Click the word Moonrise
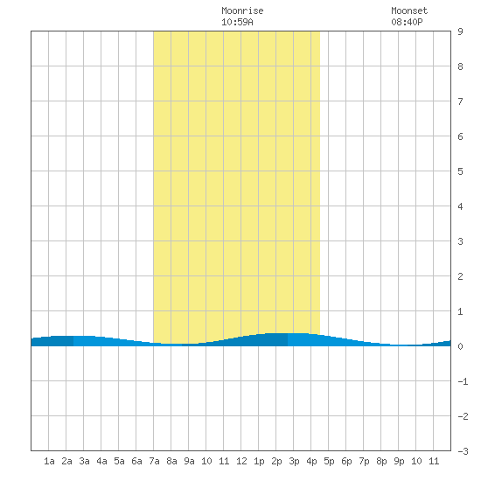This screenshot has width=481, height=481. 242,10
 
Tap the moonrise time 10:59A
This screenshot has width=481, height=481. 237,22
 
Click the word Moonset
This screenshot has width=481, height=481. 409,10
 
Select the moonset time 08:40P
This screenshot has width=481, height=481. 407,22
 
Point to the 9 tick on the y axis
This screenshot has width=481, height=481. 460,31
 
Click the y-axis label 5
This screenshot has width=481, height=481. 460,171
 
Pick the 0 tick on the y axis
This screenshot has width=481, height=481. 460,346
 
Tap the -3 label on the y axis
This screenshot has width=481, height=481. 463,451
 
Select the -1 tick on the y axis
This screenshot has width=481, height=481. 463,381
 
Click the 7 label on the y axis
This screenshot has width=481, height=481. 460,101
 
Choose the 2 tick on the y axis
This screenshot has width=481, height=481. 460,276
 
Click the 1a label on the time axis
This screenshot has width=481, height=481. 49,461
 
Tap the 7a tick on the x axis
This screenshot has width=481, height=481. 154,461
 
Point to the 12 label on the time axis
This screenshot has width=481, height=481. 241,461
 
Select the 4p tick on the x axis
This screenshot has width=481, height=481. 311,461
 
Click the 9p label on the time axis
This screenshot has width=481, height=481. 399,461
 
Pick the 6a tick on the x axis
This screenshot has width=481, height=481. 136,461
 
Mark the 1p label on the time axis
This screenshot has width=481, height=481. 259,461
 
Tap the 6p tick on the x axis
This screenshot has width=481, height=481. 346,461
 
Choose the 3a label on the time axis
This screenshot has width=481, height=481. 84,461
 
